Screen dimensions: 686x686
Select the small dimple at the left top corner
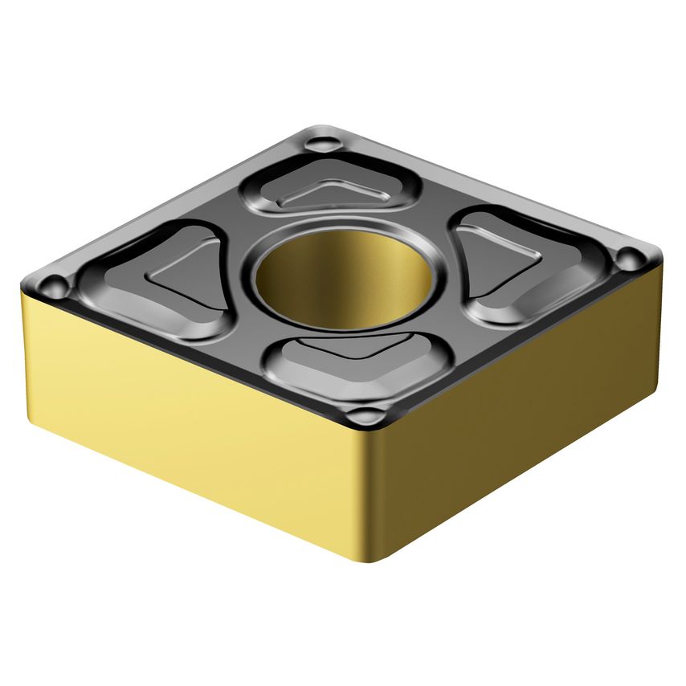click(54, 285)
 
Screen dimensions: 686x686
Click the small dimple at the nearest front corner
click(366, 417)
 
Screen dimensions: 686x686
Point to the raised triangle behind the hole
click(331, 193)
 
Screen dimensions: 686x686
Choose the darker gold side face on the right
click(522, 418)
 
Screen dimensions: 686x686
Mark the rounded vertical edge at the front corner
click(365, 498)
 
